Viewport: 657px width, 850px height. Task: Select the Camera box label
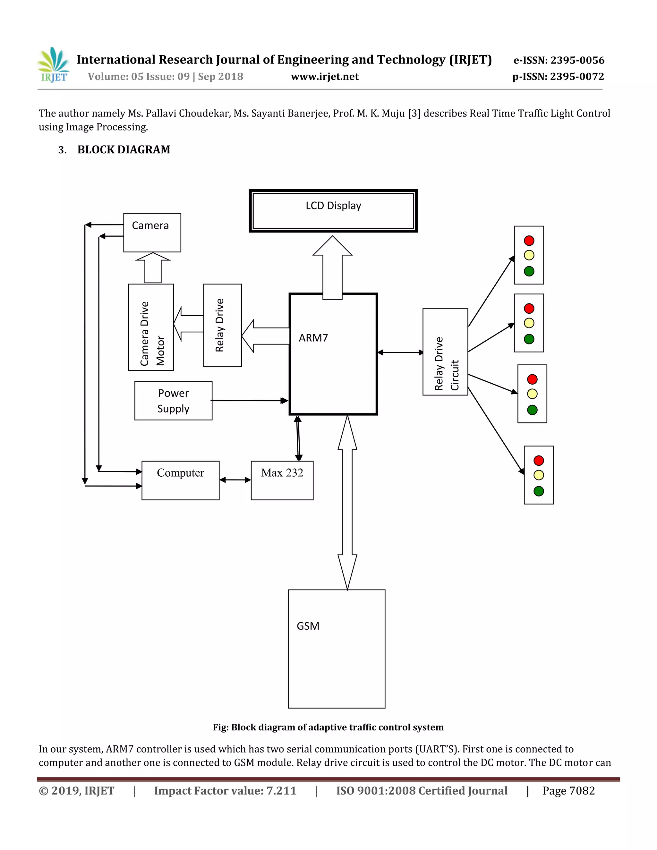coord(150,226)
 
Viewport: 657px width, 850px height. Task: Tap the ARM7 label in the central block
coord(313,338)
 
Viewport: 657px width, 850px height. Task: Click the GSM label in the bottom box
coord(308,626)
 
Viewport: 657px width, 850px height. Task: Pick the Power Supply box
coord(173,401)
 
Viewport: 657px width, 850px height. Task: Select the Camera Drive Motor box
coord(151,327)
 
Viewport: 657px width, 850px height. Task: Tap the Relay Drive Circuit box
coord(445,352)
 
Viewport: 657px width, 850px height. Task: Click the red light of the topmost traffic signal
coord(529,241)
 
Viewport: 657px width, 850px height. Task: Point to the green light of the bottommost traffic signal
coord(539,491)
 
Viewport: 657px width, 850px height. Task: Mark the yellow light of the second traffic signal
coord(529,323)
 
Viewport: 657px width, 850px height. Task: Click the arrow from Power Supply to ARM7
coord(249,401)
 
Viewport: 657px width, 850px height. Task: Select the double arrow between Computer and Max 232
coord(235,480)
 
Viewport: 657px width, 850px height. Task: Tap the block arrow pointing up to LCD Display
coord(332,268)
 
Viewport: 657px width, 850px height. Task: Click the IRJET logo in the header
coord(54,65)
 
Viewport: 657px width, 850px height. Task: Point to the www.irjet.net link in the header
coord(325,77)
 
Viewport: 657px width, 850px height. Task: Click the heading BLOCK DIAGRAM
coord(124,150)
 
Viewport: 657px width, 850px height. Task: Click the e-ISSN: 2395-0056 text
coord(559,60)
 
